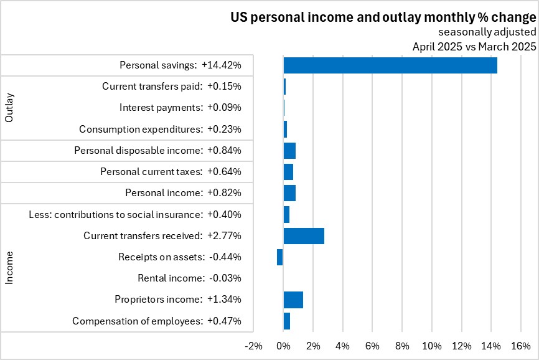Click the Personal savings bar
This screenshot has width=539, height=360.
coord(390,65)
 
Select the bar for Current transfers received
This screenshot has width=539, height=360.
coord(304,235)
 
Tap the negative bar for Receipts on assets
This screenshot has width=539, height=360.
coord(280,257)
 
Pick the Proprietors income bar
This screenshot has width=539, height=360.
coord(293,300)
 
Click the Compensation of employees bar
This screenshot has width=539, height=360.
coord(287,321)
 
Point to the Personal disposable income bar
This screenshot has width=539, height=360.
coord(289,150)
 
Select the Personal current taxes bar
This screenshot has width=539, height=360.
coord(288,171)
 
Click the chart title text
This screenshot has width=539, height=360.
coord(383,17)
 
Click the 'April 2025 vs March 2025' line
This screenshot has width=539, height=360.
coord(474,46)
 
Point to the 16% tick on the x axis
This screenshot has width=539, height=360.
coord(521,346)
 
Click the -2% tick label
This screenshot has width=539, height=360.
coord(254,346)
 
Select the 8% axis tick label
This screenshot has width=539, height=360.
coord(402,346)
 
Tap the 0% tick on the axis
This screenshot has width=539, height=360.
coord(284,346)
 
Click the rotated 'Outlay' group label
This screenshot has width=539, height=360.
coord(9,108)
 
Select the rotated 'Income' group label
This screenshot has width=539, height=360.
coord(9,268)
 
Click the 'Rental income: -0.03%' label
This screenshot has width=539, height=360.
coord(189,278)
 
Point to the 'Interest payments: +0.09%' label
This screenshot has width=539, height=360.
coord(180,108)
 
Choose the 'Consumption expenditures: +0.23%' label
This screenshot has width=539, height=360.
coord(160,129)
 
